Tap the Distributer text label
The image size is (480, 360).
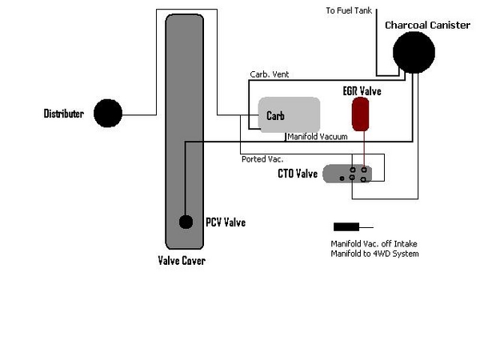click(x=63, y=114)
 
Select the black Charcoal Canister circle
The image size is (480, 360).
click(x=414, y=54)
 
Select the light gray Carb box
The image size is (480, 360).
click(x=289, y=115)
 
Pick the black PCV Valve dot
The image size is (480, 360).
click(x=186, y=222)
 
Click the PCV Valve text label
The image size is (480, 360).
click(x=225, y=222)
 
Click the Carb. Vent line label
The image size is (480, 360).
click(x=269, y=74)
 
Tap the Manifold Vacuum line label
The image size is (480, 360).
click(x=317, y=137)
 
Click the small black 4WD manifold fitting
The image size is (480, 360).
click(x=346, y=226)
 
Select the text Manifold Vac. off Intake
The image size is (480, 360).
click(x=373, y=244)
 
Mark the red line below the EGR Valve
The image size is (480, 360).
click(x=366, y=148)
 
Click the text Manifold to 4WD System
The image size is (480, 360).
click(x=374, y=254)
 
